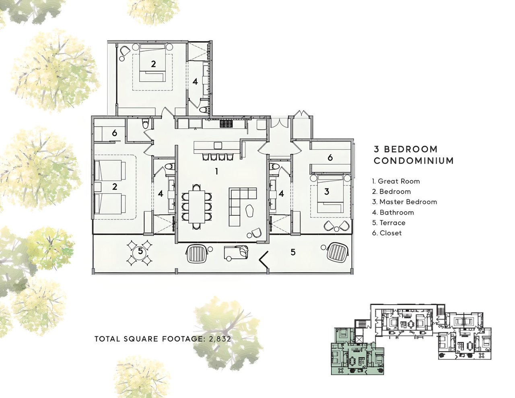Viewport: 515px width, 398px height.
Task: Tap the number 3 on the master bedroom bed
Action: click(x=327, y=192)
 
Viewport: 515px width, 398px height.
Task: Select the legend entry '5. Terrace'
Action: click(x=389, y=223)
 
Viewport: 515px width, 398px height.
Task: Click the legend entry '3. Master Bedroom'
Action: click(x=405, y=202)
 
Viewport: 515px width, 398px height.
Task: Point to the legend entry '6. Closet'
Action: click(x=387, y=233)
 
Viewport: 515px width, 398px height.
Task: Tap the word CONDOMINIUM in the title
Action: click(x=414, y=161)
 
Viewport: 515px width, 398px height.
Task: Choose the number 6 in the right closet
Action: click(x=330, y=157)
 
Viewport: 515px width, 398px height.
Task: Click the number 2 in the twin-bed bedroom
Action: click(x=115, y=187)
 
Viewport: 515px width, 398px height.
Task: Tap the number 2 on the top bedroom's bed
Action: click(x=153, y=64)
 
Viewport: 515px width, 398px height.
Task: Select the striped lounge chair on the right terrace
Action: click(x=338, y=252)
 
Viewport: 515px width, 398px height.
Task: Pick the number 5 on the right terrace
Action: click(x=293, y=252)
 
